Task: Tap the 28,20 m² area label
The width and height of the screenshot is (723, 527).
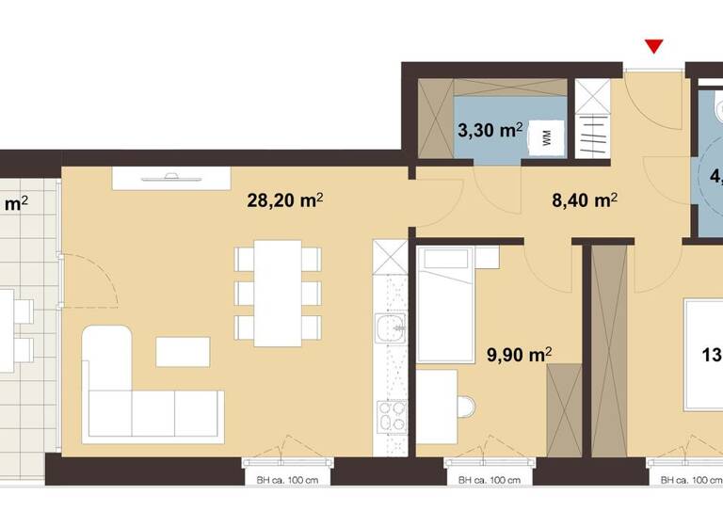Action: [285, 200]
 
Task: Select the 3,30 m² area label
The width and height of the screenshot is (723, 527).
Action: [490, 131]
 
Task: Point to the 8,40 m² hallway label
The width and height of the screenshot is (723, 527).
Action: [584, 200]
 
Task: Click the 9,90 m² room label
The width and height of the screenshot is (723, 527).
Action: [518, 355]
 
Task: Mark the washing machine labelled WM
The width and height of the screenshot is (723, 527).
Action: [546, 139]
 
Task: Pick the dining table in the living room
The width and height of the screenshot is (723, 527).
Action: [278, 292]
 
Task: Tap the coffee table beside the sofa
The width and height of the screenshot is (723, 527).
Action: [184, 351]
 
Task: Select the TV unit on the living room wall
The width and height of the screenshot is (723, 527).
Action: [170, 178]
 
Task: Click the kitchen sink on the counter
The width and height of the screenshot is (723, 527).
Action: [388, 330]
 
